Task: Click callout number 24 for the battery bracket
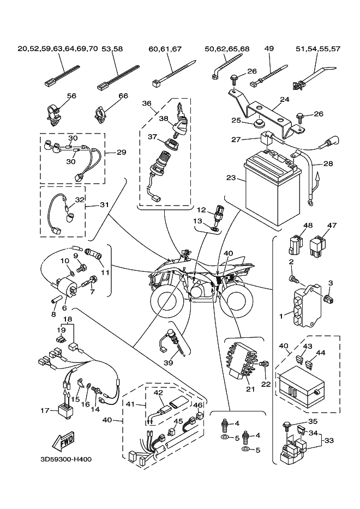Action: (x=299, y=100)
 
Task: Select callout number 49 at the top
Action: (x=269, y=49)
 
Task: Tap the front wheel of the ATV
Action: (x=163, y=301)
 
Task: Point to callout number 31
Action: (x=104, y=205)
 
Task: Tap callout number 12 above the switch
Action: (x=201, y=210)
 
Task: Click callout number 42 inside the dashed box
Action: (x=158, y=392)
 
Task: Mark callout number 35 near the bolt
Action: (x=312, y=421)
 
